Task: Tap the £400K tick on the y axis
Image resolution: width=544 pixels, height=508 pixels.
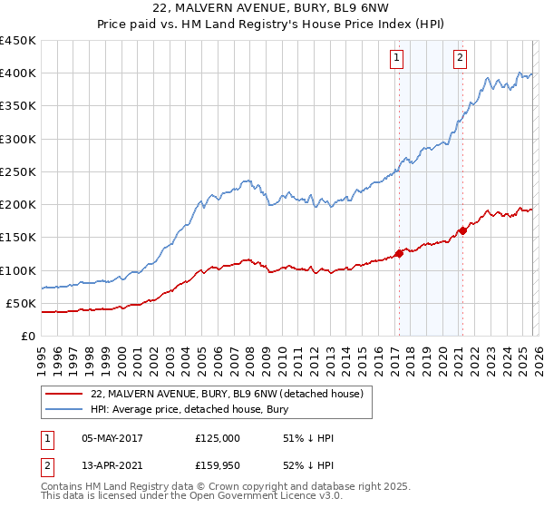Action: (x=18, y=73)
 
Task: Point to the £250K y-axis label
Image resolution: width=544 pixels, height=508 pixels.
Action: (x=18, y=171)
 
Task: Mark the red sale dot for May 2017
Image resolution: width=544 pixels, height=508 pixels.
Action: (x=399, y=253)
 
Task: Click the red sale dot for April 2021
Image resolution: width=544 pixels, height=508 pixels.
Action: (x=462, y=230)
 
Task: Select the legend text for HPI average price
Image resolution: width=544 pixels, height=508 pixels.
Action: (x=189, y=409)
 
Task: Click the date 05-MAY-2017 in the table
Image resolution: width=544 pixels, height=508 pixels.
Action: (x=112, y=438)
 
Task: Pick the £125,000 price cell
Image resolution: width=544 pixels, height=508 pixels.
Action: (x=217, y=438)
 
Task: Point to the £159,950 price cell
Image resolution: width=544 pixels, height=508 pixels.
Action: (x=217, y=467)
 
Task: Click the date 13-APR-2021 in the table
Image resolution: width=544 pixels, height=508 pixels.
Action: (x=112, y=467)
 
